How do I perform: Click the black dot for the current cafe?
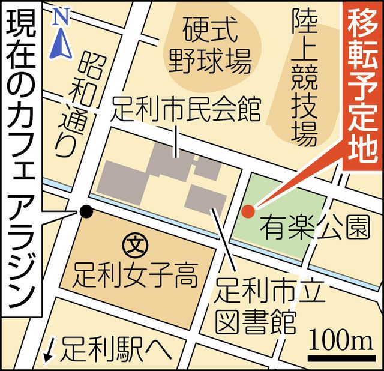(x=86, y=211)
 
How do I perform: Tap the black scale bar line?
(x=338, y=358)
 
